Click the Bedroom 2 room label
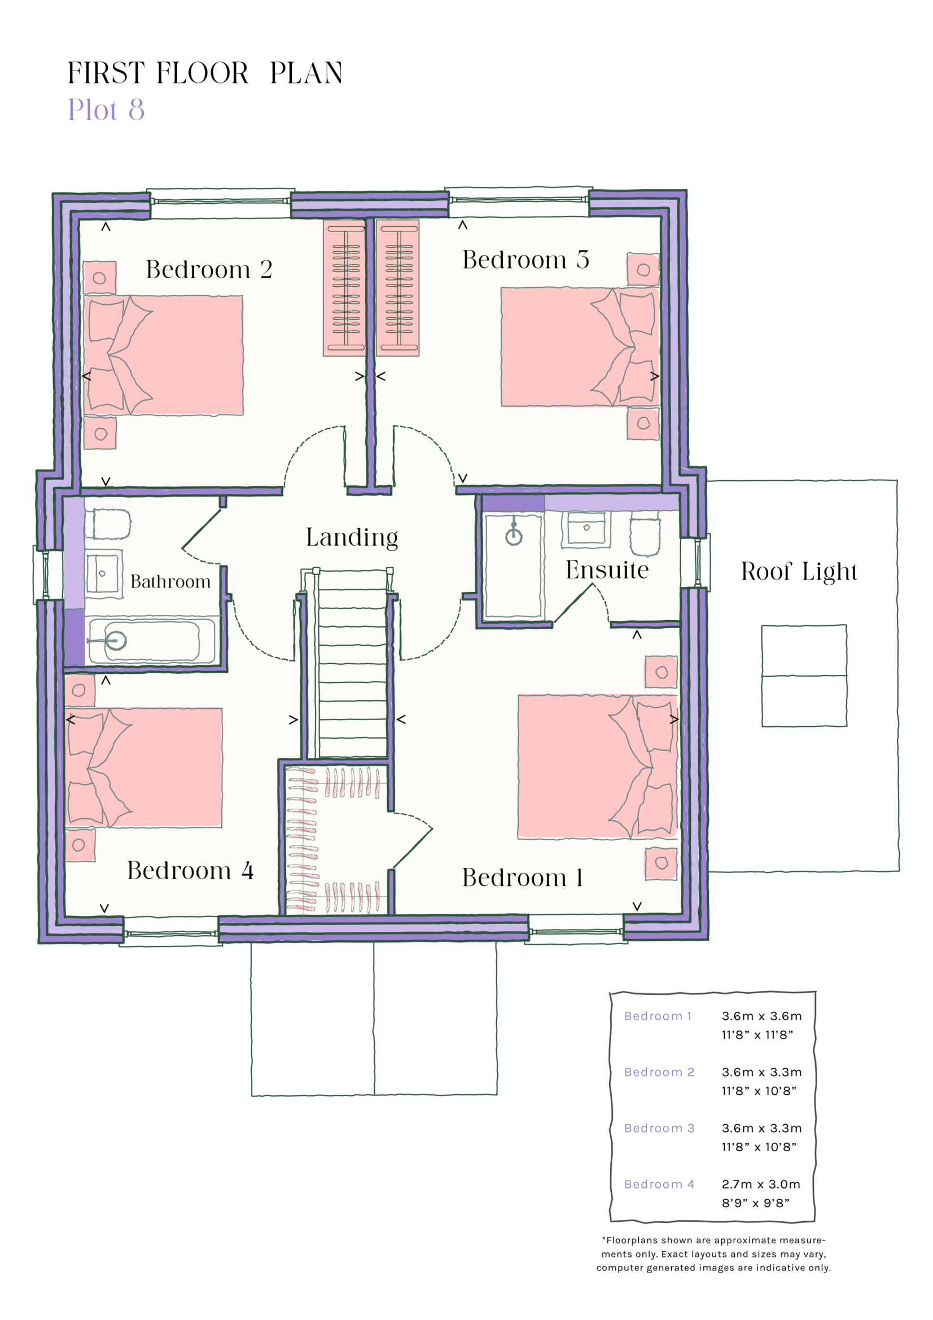click(x=209, y=270)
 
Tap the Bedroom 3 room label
click(x=525, y=260)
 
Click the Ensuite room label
click(x=607, y=571)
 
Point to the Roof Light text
click(x=799, y=572)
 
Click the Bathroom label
click(x=170, y=582)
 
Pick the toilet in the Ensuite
click(x=645, y=536)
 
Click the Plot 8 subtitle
click(x=106, y=109)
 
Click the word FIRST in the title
click(x=106, y=73)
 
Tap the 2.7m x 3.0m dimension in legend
click(x=760, y=1185)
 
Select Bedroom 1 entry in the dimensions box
click(x=658, y=1016)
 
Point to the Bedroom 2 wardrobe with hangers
click(x=345, y=287)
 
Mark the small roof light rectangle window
click(x=804, y=676)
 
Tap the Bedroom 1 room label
click(x=523, y=878)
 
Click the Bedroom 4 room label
click(x=190, y=870)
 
